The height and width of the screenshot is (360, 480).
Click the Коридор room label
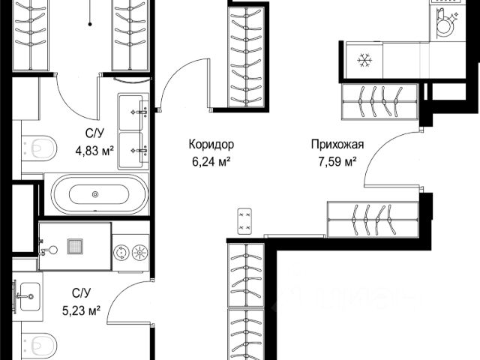point(211,144)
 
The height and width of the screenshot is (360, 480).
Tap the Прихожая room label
point(337,144)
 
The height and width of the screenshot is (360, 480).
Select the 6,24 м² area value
point(211,161)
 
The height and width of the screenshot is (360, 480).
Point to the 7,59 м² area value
point(337,161)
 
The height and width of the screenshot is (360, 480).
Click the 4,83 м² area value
point(94,151)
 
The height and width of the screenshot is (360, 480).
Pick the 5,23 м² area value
point(82,311)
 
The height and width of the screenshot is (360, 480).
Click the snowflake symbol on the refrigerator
point(364,60)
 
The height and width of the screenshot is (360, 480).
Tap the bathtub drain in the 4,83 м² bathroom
point(95,194)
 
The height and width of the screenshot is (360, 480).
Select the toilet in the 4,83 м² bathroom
point(39,148)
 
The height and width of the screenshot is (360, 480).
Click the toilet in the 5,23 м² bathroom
point(39,346)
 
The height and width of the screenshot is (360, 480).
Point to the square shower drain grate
point(75,247)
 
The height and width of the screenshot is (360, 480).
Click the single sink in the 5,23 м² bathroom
point(29,296)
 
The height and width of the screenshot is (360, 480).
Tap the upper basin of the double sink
point(131,112)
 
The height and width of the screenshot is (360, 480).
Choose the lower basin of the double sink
point(131,150)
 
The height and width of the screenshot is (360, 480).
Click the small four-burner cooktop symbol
point(244,221)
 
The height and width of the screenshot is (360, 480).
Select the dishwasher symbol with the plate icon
point(446,25)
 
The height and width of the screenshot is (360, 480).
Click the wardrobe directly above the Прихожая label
point(379,102)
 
